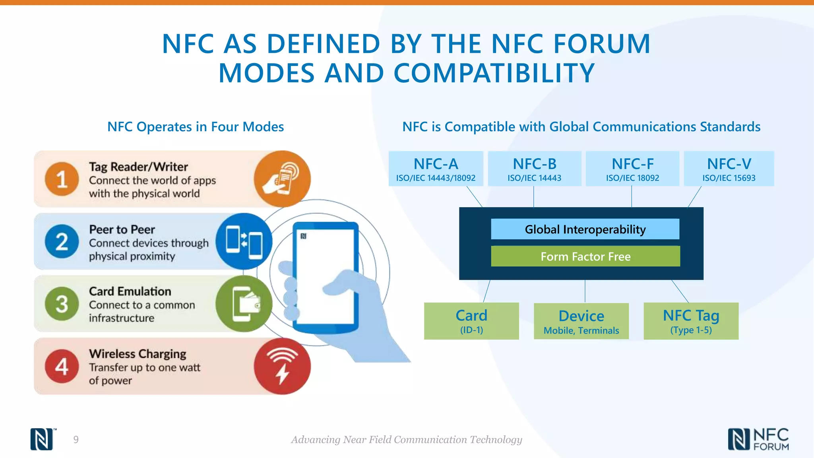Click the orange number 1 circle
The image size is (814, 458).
tap(62, 179)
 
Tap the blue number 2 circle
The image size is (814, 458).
tap(62, 241)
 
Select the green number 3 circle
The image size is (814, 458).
tap(62, 304)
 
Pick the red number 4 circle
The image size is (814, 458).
tap(62, 366)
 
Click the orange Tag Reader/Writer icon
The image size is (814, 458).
tap(282, 179)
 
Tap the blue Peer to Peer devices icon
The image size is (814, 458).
tap(244, 241)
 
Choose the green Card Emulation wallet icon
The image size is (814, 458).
tap(244, 304)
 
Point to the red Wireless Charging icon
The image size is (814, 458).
tap(282, 366)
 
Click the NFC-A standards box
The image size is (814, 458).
tap(436, 169)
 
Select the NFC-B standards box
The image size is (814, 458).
tap(534, 169)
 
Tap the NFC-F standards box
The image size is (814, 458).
tap(632, 169)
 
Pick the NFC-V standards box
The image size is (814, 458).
tap(729, 169)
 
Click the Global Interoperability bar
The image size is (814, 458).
tap(585, 229)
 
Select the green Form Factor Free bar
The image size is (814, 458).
tap(585, 256)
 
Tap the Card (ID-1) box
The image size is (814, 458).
tap(471, 321)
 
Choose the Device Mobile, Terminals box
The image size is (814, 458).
tap(581, 321)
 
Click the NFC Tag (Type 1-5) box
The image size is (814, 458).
tap(691, 321)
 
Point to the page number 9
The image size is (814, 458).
tap(76, 439)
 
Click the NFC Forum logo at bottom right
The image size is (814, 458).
tap(758, 439)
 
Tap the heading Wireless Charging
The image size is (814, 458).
tap(138, 353)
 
